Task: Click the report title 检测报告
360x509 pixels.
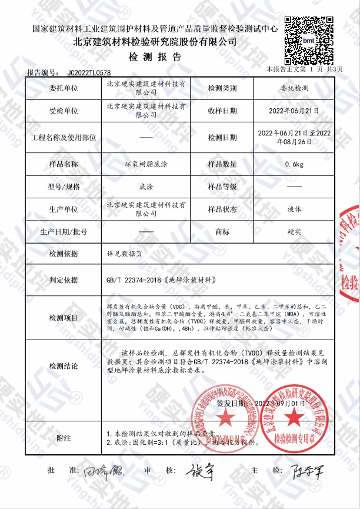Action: (155, 57)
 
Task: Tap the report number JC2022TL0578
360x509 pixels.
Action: (88, 72)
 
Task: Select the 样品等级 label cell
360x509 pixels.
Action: (222, 187)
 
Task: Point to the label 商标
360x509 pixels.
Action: (222, 231)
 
